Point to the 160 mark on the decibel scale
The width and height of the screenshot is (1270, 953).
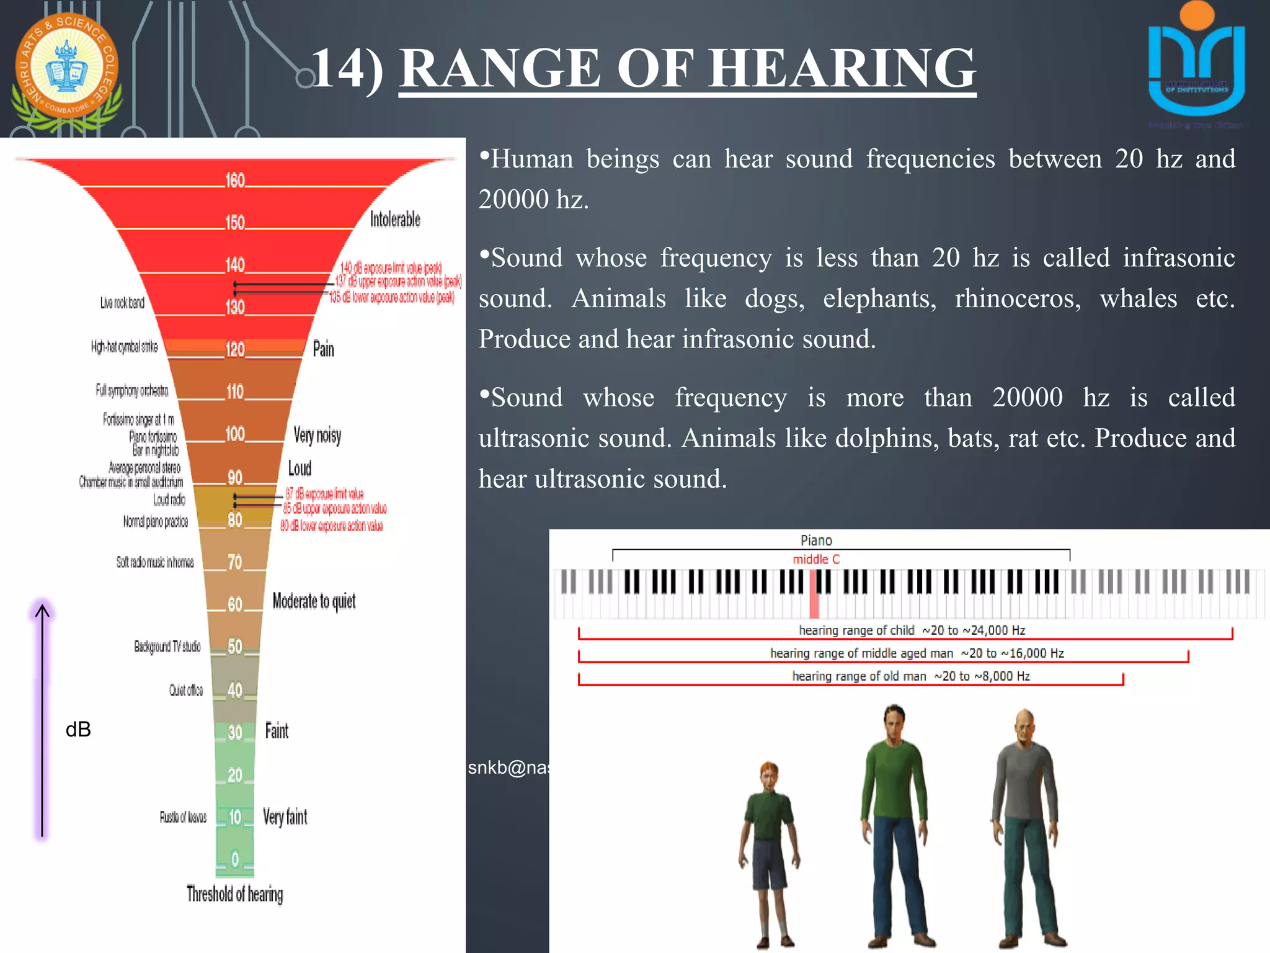pos(235,181)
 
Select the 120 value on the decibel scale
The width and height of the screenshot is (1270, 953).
pos(235,349)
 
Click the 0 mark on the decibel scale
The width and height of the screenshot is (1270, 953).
pos(235,859)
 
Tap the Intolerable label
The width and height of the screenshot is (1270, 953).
pos(395,219)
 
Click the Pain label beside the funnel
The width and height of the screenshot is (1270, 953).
pos(323,349)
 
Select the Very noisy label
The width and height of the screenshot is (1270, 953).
pos(317,435)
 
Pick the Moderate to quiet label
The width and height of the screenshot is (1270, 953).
pos(314,601)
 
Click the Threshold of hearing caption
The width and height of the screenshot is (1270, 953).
pos(235,894)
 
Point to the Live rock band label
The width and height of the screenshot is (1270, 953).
pos(122,303)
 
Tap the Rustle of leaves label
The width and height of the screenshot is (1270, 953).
pos(183,817)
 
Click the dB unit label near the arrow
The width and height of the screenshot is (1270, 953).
pos(78,730)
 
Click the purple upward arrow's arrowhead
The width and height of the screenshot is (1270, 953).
pos(42,612)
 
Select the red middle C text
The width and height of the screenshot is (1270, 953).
pos(816,559)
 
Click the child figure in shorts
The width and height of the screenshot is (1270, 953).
pos(769,850)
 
